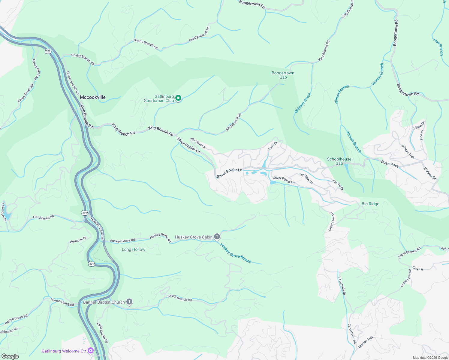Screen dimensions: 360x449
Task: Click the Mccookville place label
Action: coord(93,97)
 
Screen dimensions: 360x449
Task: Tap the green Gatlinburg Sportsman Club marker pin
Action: coord(178,98)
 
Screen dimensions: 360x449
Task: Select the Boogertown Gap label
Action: coord(283,75)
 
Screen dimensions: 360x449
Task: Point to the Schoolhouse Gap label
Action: coord(339,161)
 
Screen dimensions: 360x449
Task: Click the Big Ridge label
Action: coord(370,204)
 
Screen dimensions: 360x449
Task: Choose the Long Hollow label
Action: coord(134,249)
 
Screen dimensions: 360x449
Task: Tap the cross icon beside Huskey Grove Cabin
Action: coord(217,237)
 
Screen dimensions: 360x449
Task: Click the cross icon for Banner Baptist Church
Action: coord(129,302)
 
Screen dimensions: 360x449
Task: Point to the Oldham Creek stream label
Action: coord(303,103)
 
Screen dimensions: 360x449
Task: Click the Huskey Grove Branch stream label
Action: coord(236,253)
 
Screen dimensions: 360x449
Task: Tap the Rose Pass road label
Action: coord(390,163)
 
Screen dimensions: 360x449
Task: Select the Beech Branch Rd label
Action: coord(179,298)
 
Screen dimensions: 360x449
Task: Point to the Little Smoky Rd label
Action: coord(102,333)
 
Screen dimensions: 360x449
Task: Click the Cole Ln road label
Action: coord(417,268)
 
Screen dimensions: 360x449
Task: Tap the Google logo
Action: coord(10,356)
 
